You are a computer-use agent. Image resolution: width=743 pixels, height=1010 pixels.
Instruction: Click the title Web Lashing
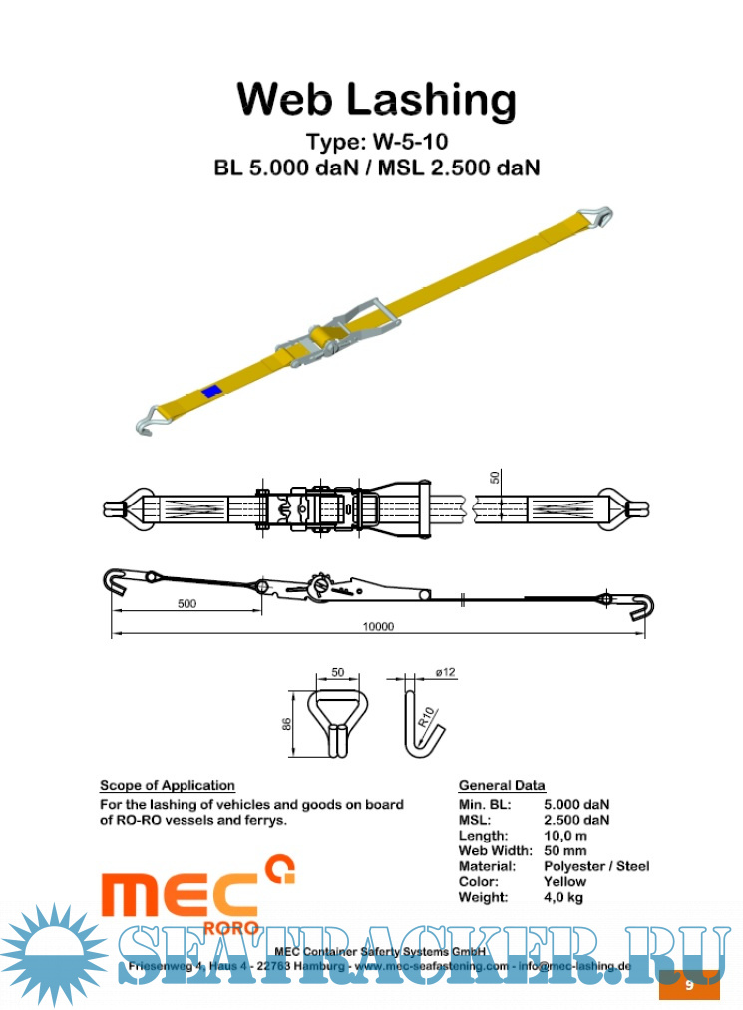(x=376, y=100)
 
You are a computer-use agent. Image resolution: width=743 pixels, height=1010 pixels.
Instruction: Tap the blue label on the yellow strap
(x=211, y=391)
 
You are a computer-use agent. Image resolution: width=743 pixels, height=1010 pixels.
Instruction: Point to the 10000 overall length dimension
(x=378, y=626)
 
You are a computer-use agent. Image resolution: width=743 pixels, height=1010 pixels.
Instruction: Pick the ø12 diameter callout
(x=446, y=673)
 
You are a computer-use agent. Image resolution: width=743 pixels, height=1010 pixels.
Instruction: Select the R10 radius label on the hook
(x=425, y=714)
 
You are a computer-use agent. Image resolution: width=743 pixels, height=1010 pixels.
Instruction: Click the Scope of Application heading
(x=168, y=785)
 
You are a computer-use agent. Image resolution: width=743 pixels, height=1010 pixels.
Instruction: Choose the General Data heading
(x=502, y=785)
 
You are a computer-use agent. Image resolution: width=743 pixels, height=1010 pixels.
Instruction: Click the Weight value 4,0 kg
(x=563, y=897)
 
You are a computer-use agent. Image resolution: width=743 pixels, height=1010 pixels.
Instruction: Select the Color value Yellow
(x=564, y=881)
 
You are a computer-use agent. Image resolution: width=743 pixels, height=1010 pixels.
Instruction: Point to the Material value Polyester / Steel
(x=596, y=866)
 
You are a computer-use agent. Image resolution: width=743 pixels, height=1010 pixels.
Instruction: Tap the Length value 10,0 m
(x=565, y=835)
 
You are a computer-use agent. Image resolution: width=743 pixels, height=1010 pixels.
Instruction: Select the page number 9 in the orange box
(x=689, y=985)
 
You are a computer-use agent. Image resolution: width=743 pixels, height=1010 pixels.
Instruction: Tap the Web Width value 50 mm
(x=565, y=850)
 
